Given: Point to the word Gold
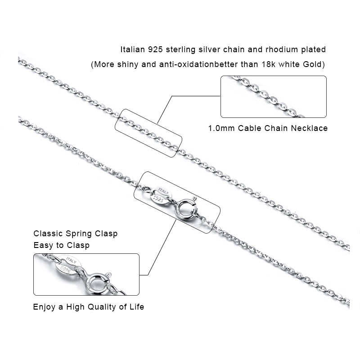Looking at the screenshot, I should (x=314, y=64).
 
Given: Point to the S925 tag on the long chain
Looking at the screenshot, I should (x=158, y=198).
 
